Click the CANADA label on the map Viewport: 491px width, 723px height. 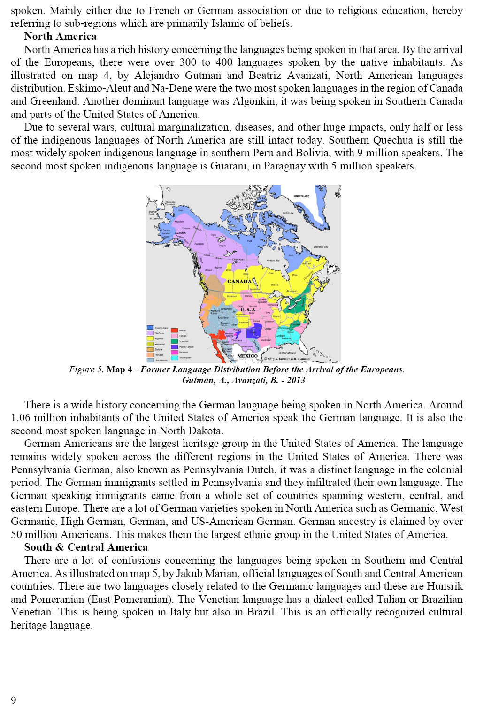point(239,281)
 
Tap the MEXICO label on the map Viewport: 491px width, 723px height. point(247,356)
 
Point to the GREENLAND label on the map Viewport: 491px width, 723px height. point(301,196)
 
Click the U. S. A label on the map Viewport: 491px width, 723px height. point(248,309)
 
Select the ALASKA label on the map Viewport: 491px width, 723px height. point(180,233)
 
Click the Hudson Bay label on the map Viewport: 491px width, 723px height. point(273,260)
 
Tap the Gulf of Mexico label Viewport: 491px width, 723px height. point(287,353)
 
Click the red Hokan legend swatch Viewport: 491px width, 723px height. point(175,331)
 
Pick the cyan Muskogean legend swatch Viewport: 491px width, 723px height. point(175,358)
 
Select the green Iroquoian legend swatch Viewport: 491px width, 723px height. point(175,341)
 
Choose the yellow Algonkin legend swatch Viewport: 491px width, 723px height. point(150,338)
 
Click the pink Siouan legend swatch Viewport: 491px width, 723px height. point(175,336)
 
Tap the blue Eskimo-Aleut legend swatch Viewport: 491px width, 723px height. point(150,328)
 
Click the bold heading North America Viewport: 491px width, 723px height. point(60,37)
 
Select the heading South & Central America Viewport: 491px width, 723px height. point(86,547)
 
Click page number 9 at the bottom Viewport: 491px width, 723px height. point(14,700)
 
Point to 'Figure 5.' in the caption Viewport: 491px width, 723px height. point(86,369)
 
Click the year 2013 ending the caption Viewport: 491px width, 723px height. point(296,380)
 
